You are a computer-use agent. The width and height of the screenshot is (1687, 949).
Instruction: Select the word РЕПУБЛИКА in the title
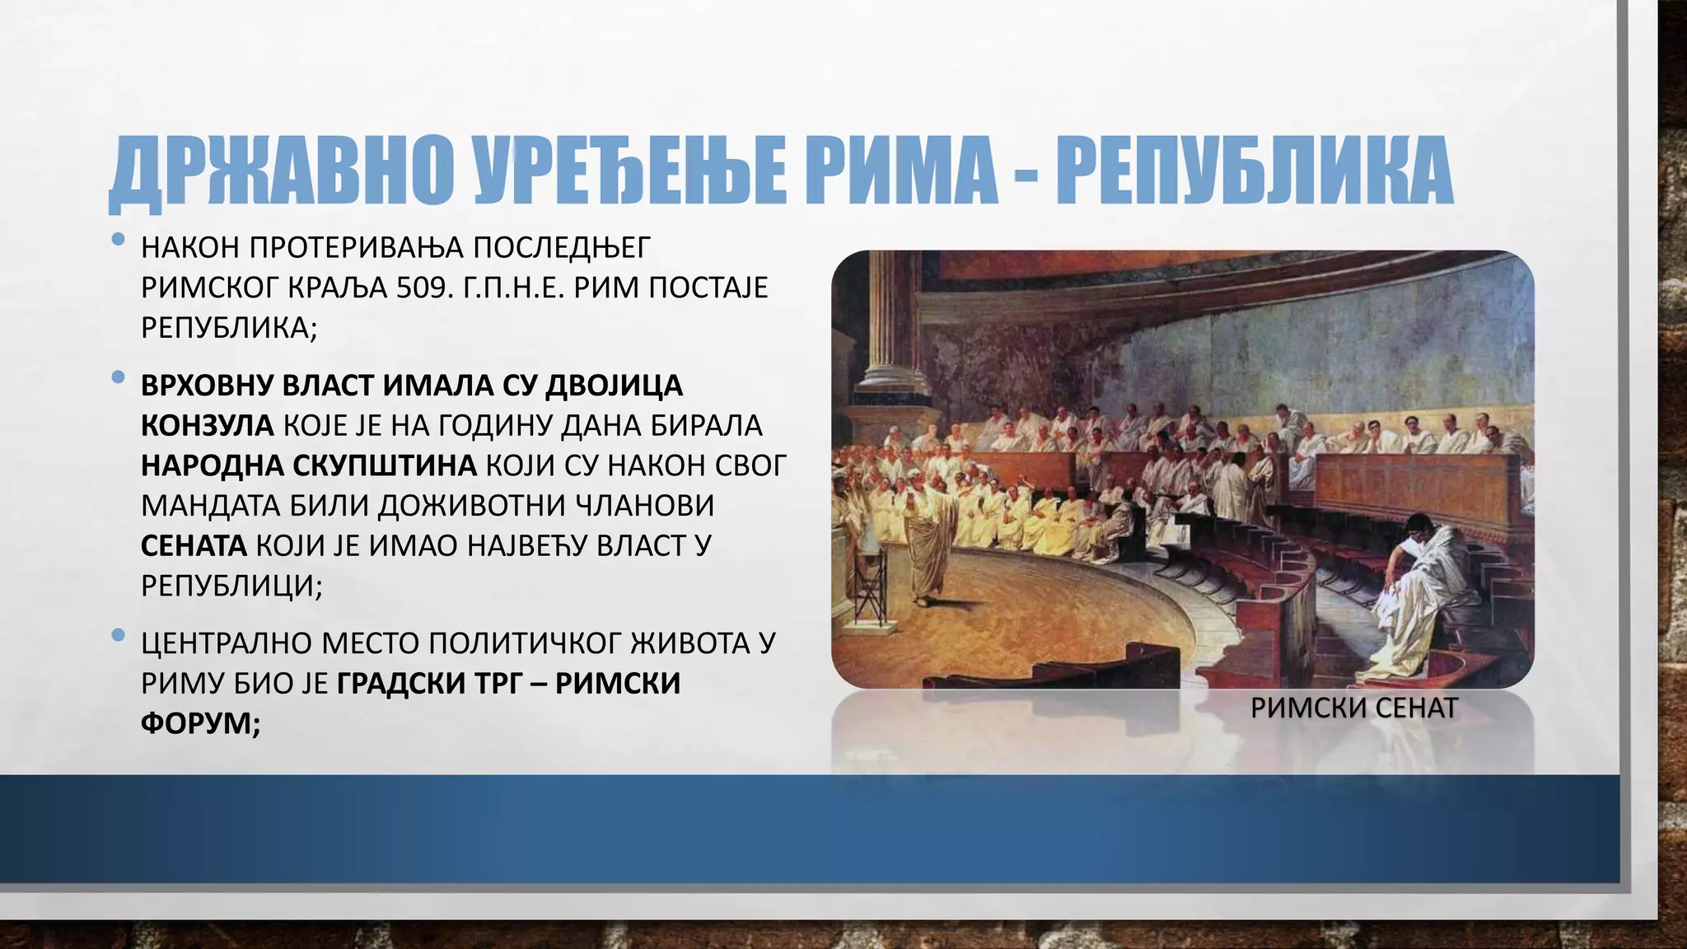(x=1254, y=171)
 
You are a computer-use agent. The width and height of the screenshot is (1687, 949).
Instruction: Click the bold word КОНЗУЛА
(x=207, y=426)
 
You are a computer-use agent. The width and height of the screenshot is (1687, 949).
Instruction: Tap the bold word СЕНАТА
(x=194, y=545)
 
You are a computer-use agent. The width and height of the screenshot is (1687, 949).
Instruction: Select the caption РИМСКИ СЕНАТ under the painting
(x=1353, y=708)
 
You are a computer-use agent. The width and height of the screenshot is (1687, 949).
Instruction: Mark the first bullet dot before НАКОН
(x=118, y=241)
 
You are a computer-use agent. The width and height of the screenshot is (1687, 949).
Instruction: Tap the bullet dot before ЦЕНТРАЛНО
(x=118, y=636)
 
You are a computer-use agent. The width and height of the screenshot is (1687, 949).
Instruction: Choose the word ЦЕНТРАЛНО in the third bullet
(x=225, y=643)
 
